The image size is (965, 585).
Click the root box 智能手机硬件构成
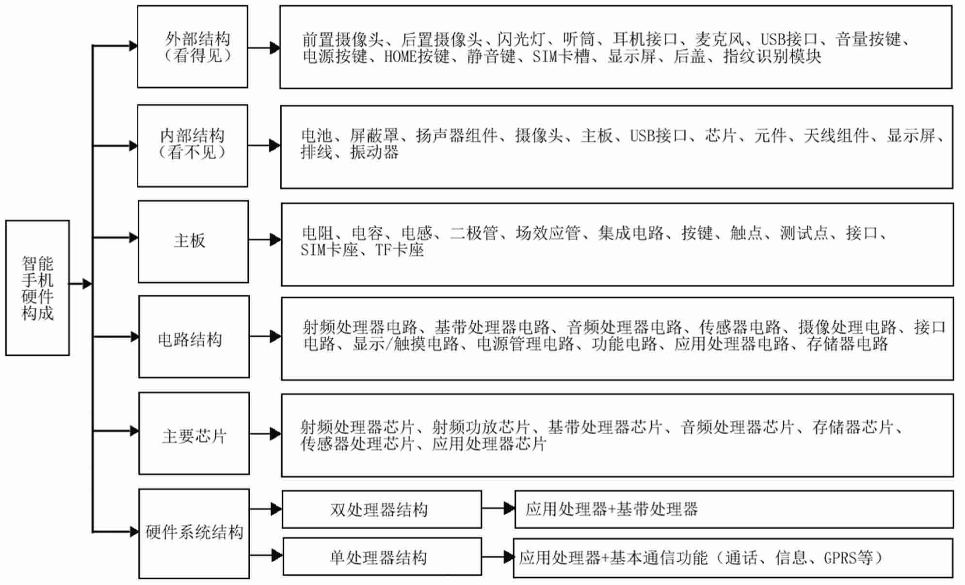(x=37, y=288)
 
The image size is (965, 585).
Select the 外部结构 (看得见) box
(x=193, y=47)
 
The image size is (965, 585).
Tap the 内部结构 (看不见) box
(x=193, y=146)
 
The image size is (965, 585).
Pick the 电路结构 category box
(x=194, y=337)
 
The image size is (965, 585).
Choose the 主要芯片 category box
(x=194, y=433)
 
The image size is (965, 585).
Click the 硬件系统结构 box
(x=194, y=534)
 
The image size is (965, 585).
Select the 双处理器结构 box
(x=382, y=509)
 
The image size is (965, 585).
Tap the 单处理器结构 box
(x=382, y=556)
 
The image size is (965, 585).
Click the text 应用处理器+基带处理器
(x=611, y=509)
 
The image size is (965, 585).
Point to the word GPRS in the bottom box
(x=840, y=558)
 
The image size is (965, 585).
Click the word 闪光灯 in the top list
(x=521, y=39)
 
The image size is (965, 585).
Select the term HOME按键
(x=417, y=57)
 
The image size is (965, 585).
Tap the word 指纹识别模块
(x=772, y=57)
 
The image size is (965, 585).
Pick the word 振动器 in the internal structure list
(x=374, y=152)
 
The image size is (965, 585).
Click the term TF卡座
(x=400, y=250)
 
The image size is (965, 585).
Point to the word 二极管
(x=474, y=233)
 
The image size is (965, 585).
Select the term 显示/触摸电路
(x=406, y=344)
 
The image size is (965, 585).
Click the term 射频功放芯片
(x=481, y=427)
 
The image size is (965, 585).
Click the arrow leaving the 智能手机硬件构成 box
(x=80, y=284)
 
